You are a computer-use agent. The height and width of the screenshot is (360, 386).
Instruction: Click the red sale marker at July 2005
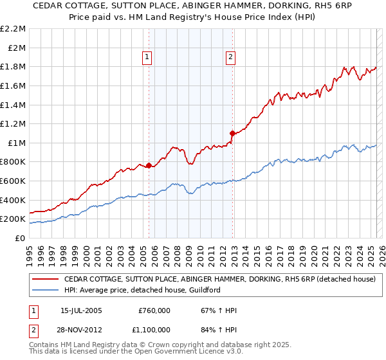coord(149,165)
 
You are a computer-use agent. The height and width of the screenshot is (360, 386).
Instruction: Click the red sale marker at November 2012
coord(232,132)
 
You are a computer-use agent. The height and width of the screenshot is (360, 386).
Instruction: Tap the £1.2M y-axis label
coord(14,123)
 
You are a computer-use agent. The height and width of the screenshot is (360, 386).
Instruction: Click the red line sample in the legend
coord(46,280)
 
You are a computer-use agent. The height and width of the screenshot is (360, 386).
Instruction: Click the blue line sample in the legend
coord(46,290)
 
